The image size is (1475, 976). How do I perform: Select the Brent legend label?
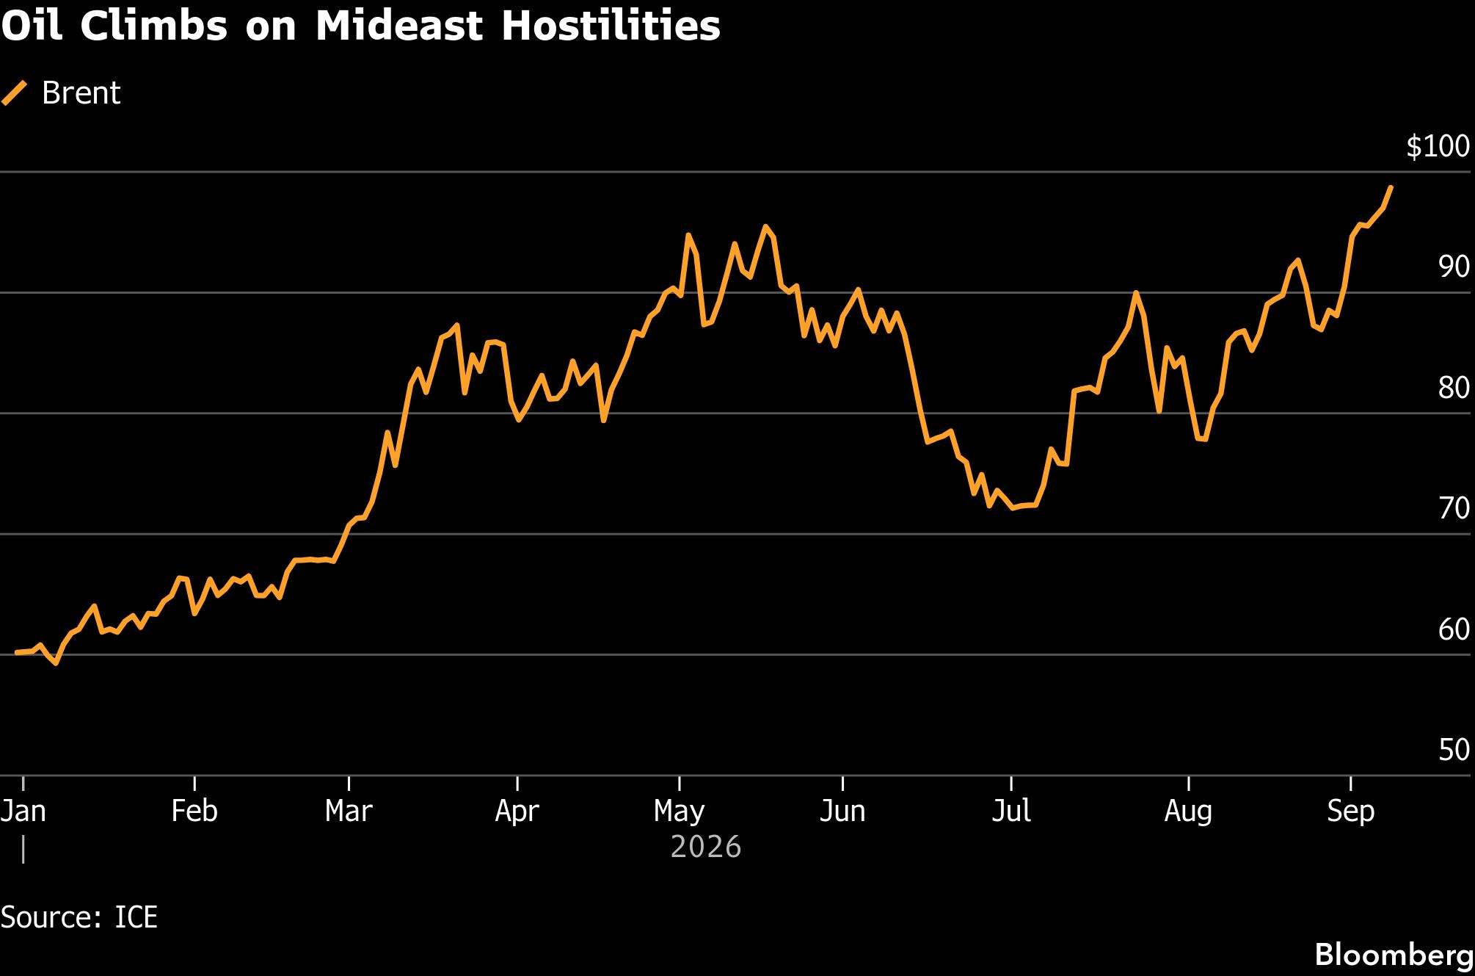click(x=81, y=93)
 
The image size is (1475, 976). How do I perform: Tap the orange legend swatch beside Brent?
click(x=15, y=93)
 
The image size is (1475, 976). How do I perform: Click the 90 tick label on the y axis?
click(x=1454, y=267)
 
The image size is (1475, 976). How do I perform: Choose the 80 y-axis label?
click(x=1454, y=388)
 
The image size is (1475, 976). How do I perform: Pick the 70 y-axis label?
click(x=1454, y=508)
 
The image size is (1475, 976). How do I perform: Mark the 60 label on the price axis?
click(x=1454, y=629)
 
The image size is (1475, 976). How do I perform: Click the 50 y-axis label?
click(x=1454, y=750)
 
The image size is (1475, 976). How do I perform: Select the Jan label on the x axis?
click(x=23, y=811)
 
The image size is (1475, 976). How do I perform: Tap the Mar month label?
click(x=349, y=811)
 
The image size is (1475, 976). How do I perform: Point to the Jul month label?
click(x=1011, y=811)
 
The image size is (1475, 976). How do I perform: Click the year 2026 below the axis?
click(x=706, y=847)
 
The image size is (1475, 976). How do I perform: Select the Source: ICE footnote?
click(x=79, y=918)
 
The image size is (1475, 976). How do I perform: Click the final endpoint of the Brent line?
click(x=1391, y=187)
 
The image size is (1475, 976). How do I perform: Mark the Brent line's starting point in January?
click(x=16, y=652)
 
